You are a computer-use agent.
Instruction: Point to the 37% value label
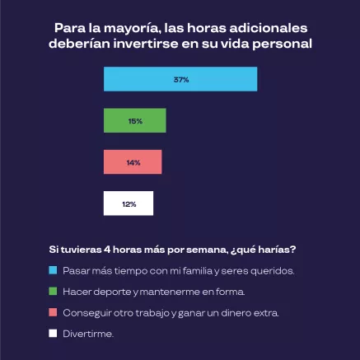tap(181, 80)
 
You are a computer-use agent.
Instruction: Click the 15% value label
tap(135, 121)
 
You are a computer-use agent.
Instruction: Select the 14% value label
tap(133, 162)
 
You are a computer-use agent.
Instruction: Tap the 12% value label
tap(129, 203)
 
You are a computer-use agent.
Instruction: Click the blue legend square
tap(52, 270)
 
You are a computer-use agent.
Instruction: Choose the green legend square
tap(52, 292)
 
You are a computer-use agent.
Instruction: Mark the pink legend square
tap(52, 313)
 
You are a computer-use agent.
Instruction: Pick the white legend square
tap(52, 334)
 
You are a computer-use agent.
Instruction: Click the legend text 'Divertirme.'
tap(87, 334)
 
